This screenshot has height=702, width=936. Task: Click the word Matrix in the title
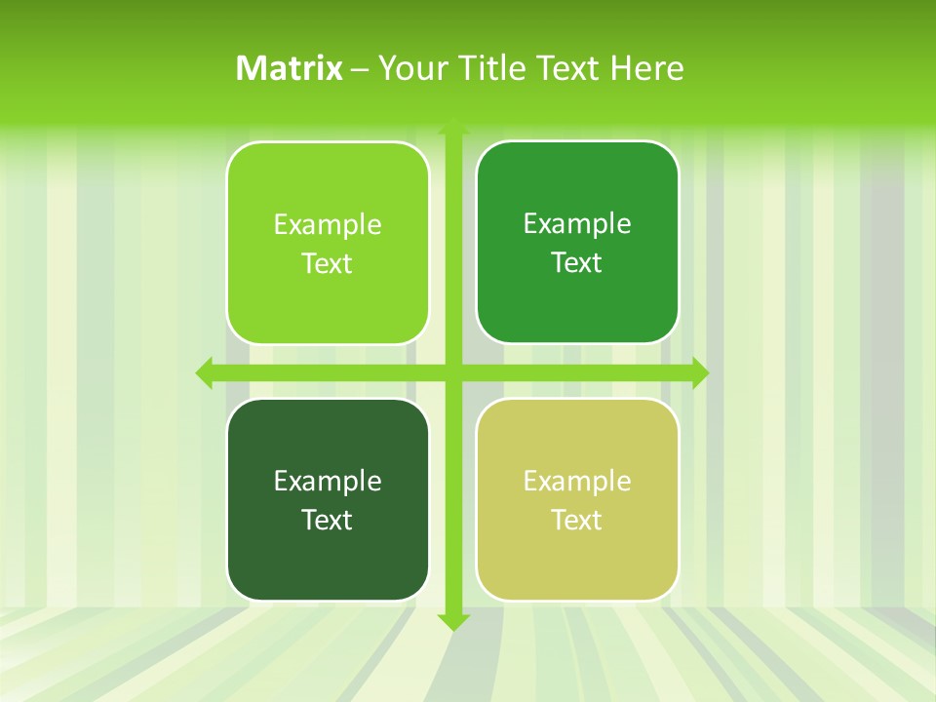pyautogui.click(x=290, y=68)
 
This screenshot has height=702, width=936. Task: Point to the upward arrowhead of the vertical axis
pyautogui.click(x=453, y=127)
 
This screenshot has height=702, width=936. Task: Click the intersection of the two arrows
pyautogui.click(x=453, y=372)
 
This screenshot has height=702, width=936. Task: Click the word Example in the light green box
pyautogui.click(x=328, y=225)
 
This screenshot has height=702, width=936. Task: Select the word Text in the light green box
pyautogui.click(x=328, y=263)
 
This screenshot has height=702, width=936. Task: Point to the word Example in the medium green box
pyautogui.click(x=577, y=224)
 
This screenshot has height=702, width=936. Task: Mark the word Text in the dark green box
pyautogui.click(x=328, y=520)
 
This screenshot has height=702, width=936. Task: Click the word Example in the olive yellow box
pyautogui.click(x=577, y=481)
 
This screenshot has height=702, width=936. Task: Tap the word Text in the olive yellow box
pyautogui.click(x=577, y=520)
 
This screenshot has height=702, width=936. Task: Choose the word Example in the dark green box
pyautogui.click(x=328, y=481)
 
